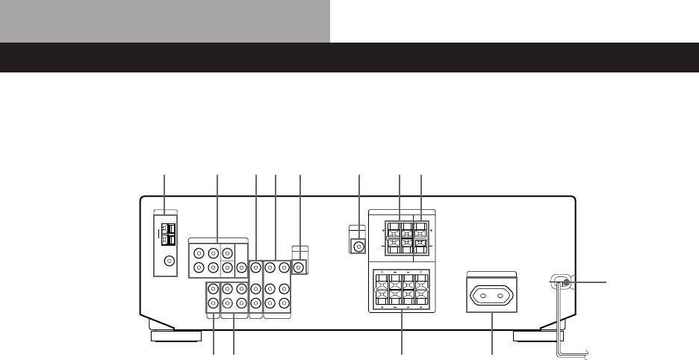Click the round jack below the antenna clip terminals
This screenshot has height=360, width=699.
pos(170,261)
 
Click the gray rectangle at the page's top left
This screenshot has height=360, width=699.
pos(165,21)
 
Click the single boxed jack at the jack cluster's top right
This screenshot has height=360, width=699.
pos(299,266)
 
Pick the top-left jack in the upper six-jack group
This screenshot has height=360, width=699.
pos(199,252)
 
